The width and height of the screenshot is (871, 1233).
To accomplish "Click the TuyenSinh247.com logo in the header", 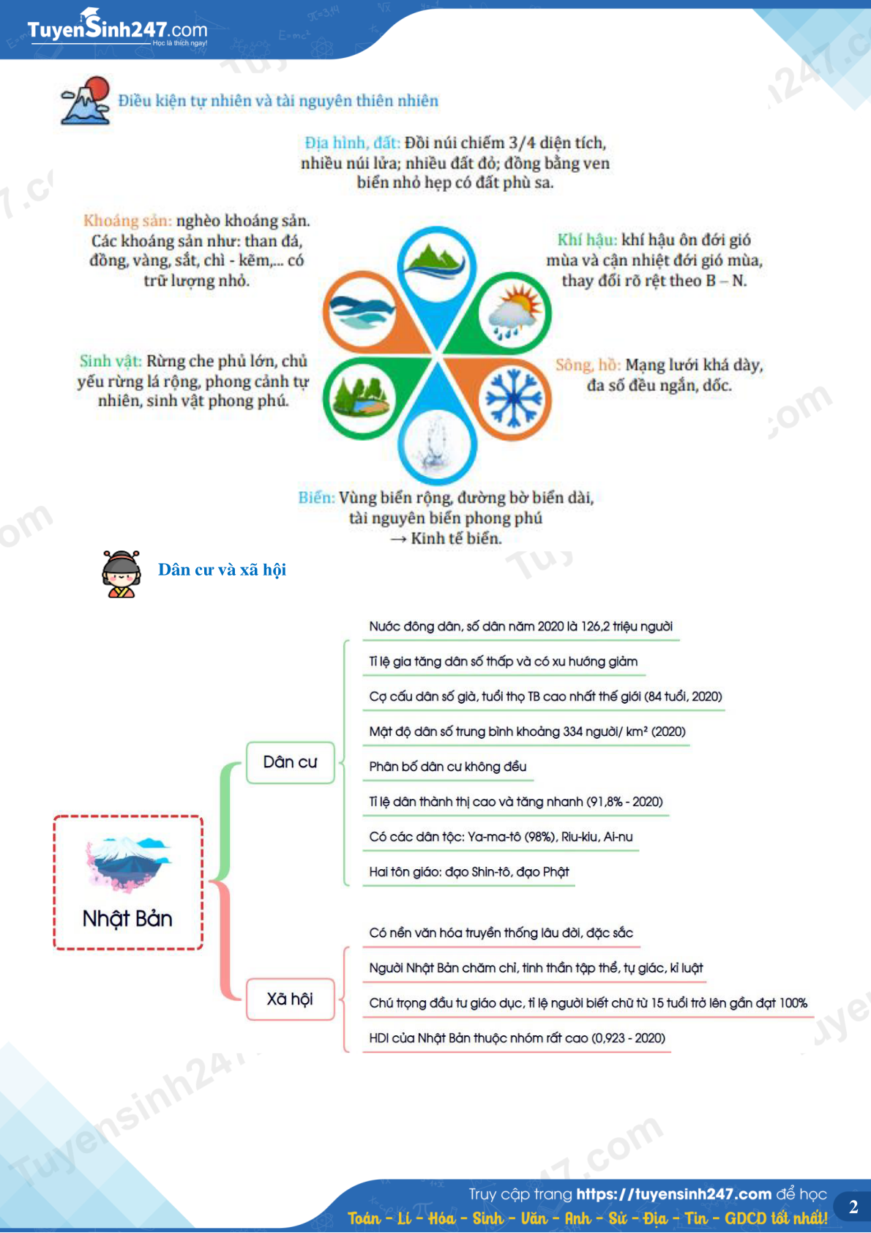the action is click(117, 29).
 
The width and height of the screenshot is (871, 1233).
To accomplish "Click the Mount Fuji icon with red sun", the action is click(86, 100).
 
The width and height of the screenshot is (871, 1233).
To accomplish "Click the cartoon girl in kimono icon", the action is click(122, 573).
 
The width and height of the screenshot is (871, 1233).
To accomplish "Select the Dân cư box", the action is click(290, 761).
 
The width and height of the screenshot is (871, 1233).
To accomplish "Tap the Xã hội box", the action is click(290, 999).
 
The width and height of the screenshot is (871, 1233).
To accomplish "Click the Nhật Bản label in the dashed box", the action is click(127, 918).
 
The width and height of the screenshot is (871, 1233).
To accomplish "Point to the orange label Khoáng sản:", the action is click(127, 220).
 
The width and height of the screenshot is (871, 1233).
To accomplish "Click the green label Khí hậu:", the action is click(587, 240).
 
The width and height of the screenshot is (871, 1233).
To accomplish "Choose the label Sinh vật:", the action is click(111, 361).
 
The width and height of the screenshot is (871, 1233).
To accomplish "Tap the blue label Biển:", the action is click(316, 498).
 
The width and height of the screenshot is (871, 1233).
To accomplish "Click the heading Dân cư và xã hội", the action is click(223, 569).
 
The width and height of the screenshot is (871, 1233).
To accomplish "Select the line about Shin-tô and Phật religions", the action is click(468, 872).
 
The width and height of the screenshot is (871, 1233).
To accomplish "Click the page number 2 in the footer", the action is click(853, 1206).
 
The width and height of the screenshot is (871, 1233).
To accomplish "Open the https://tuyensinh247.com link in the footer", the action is click(673, 1194).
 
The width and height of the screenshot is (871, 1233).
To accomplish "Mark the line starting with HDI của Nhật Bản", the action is click(517, 1038).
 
